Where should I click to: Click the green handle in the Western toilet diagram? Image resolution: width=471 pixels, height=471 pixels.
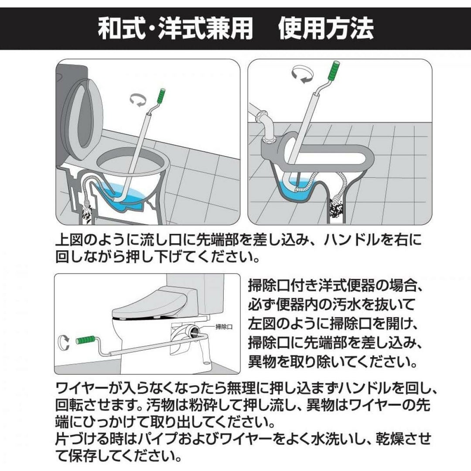(161, 96)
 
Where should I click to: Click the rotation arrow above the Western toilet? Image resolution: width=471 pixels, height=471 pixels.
(138, 99)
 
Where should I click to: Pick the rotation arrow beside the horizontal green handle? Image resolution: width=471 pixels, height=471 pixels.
(63, 342)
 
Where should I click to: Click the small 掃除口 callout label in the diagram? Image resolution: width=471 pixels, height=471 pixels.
(224, 327)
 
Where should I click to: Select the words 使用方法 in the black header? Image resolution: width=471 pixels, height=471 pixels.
(326, 29)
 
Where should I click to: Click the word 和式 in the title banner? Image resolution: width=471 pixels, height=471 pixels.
(121, 29)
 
